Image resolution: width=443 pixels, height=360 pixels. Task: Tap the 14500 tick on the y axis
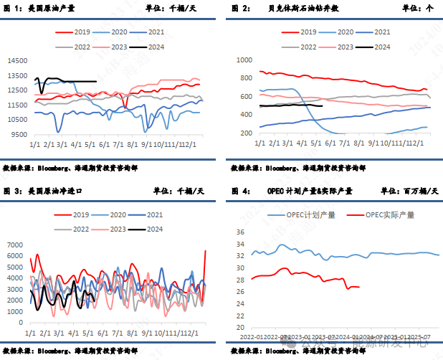22,60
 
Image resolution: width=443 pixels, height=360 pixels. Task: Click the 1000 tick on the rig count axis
244,60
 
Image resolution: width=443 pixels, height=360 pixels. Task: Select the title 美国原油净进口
54,191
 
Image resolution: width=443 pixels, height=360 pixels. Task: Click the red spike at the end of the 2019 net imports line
206,250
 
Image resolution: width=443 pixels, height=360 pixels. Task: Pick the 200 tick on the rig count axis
247,133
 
